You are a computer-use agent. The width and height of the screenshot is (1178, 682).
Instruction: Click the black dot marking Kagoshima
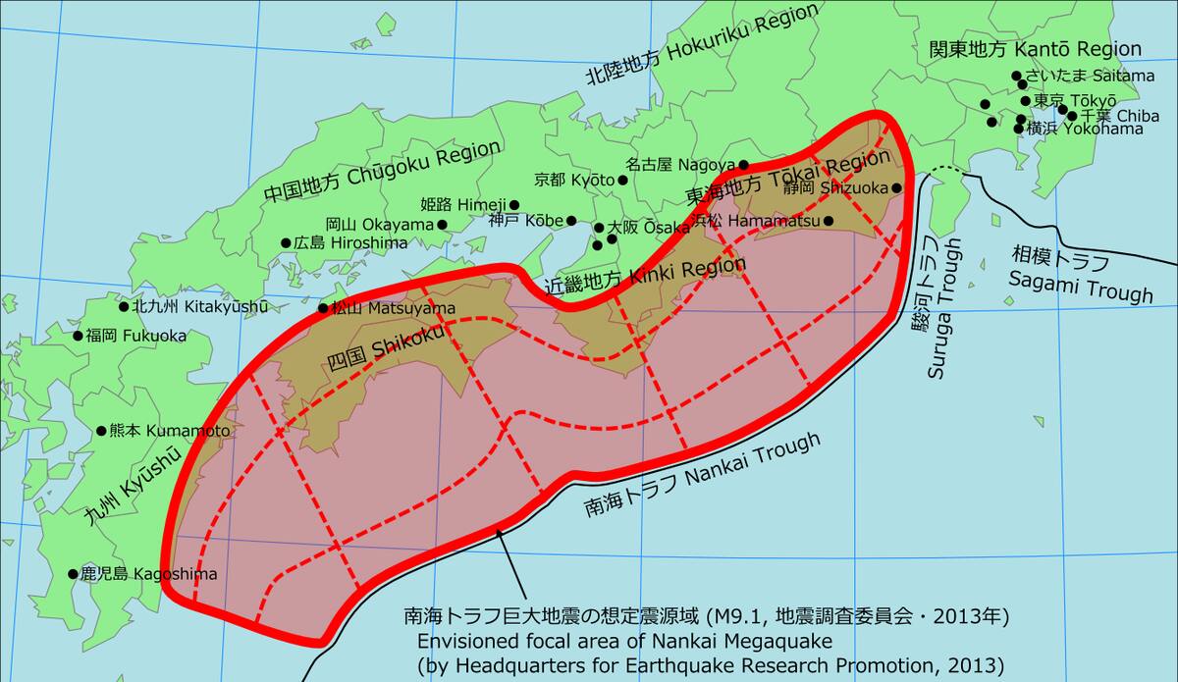click(x=73, y=574)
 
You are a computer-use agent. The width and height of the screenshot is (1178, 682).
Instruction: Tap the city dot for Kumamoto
click(x=101, y=431)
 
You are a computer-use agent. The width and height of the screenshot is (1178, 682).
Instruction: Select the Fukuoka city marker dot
click(x=78, y=336)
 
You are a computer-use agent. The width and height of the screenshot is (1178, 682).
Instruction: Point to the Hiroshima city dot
click(x=286, y=242)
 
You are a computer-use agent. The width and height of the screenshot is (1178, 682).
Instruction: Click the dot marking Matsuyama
click(x=323, y=308)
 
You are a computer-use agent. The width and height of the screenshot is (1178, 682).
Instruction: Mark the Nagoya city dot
click(x=744, y=165)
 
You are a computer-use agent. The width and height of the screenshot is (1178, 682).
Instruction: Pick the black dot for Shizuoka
click(x=896, y=187)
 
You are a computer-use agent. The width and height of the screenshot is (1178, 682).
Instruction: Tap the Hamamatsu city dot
click(x=829, y=221)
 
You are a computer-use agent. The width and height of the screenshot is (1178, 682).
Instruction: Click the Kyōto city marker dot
click(x=622, y=181)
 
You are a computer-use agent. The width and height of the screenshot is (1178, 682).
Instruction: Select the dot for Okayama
click(x=442, y=225)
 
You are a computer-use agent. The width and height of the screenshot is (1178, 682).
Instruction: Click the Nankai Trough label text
click(x=702, y=475)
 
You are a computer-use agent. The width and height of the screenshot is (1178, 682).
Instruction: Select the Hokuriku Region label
click(x=701, y=45)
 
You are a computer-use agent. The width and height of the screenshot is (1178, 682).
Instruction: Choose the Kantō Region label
click(x=1035, y=49)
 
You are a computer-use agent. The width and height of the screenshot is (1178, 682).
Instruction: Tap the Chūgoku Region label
click(x=383, y=173)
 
